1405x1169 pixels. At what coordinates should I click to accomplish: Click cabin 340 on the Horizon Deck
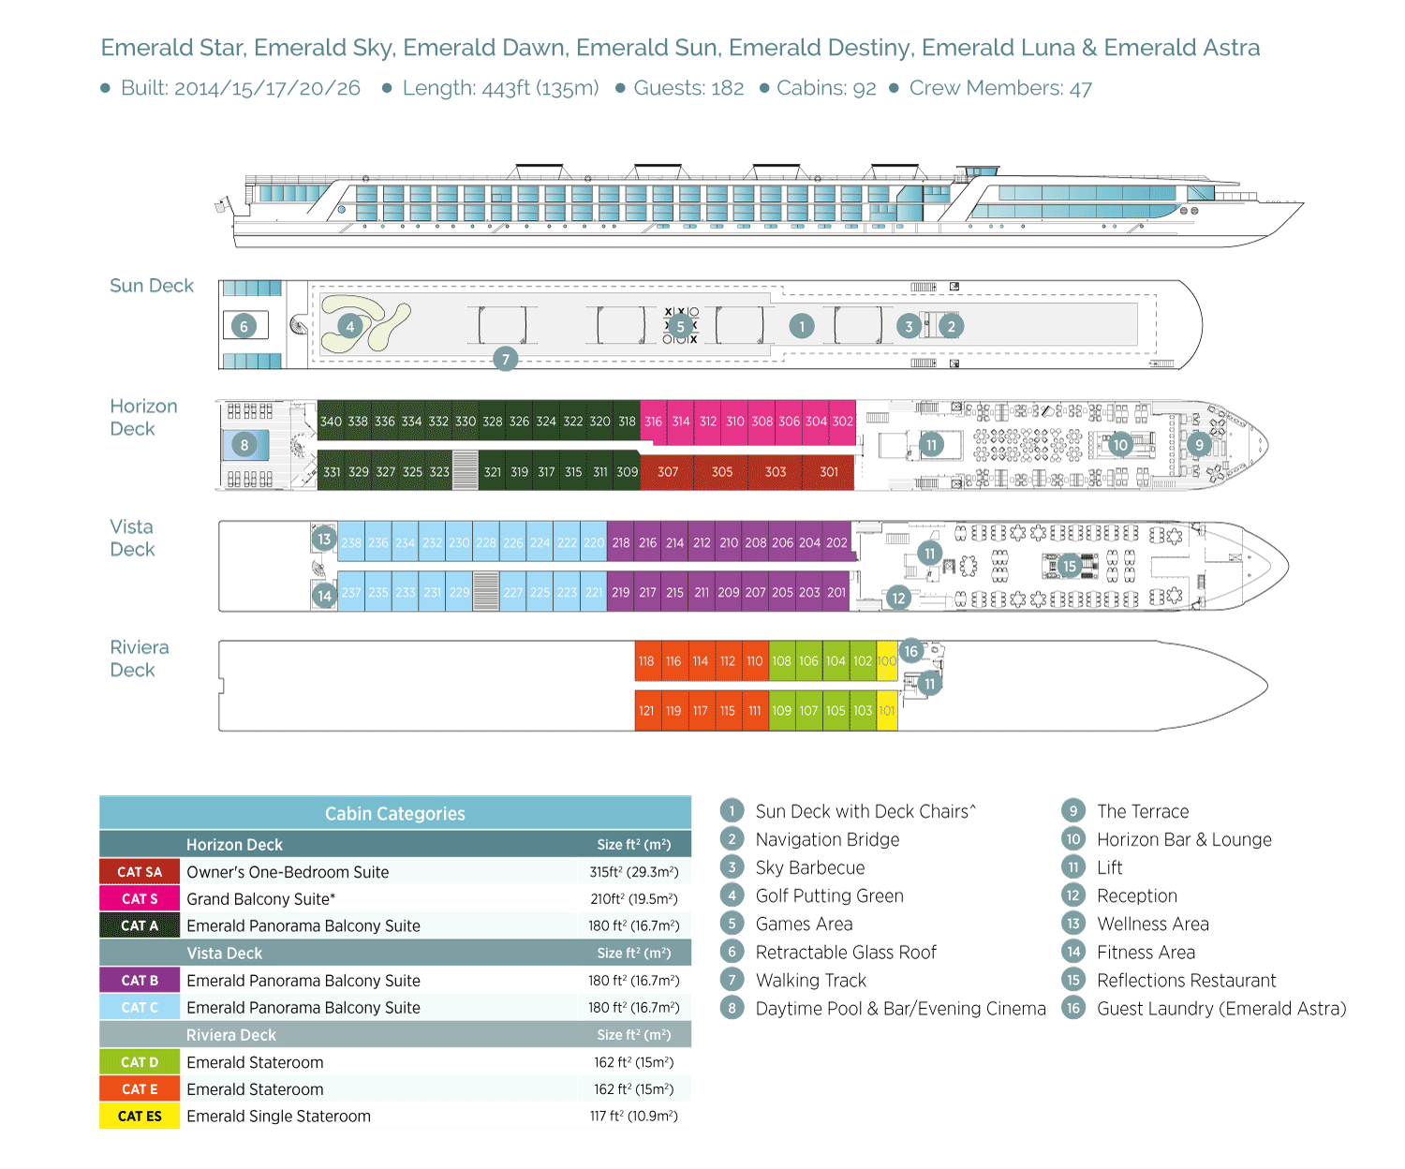point(331,422)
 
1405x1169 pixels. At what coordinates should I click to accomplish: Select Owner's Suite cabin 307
point(668,472)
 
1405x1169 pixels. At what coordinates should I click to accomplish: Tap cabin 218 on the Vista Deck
point(621,542)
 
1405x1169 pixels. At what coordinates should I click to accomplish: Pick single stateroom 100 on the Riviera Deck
point(887,661)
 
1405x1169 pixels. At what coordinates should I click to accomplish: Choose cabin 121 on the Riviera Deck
point(646,711)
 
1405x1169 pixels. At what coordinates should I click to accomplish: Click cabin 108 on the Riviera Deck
point(781,661)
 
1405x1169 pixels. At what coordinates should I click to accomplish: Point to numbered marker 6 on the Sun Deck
point(244,326)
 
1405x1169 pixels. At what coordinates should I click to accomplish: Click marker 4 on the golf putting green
point(350,326)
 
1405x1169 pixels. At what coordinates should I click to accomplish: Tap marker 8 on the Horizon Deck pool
point(244,445)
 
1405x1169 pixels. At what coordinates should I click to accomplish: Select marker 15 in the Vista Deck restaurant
point(1070,566)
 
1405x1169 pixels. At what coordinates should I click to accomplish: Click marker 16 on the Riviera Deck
point(911,651)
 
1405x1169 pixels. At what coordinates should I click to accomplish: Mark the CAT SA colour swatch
point(140,872)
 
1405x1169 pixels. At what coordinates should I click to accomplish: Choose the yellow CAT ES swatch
point(140,1117)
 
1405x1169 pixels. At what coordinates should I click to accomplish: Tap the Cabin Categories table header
point(394,813)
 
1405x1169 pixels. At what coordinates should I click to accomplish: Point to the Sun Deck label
point(152,286)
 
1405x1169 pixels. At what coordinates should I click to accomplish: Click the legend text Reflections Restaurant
point(1186,981)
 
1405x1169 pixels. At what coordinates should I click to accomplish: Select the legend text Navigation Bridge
point(827,840)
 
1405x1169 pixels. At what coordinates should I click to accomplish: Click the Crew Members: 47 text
point(1000,88)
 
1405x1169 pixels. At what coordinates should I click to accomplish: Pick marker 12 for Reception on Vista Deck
point(898,598)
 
